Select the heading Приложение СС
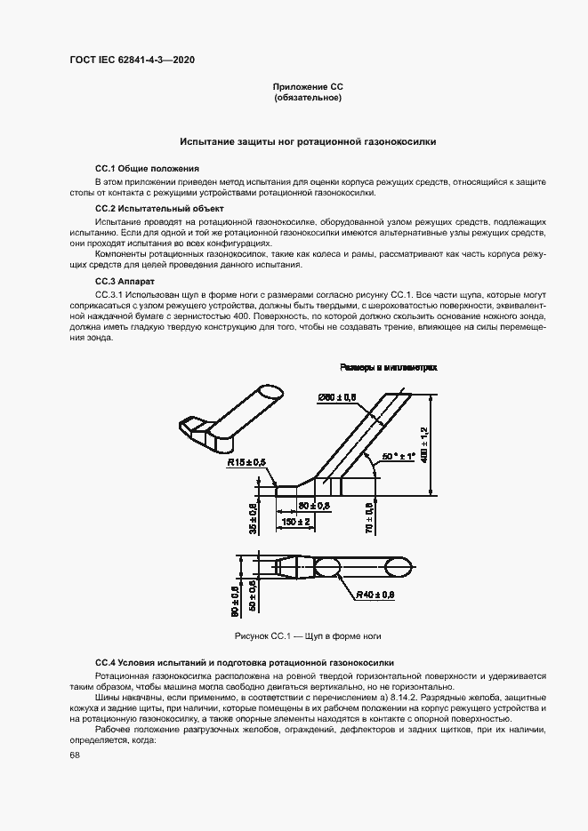pyautogui.click(x=307, y=86)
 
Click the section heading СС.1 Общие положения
pyautogui.click(x=147, y=168)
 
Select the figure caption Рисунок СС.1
pyautogui.click(x=308, y=636)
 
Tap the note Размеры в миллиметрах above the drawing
pyautogui.click(x=388, y=367)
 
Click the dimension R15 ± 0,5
pyautogui.click(x=246, y=463)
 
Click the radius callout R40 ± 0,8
pyautogui.click(x=375, y=595)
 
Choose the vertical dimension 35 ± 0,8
pyautogui.click(x=253, y=518)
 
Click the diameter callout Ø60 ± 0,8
pyautogui.click(x=337, y=397)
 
